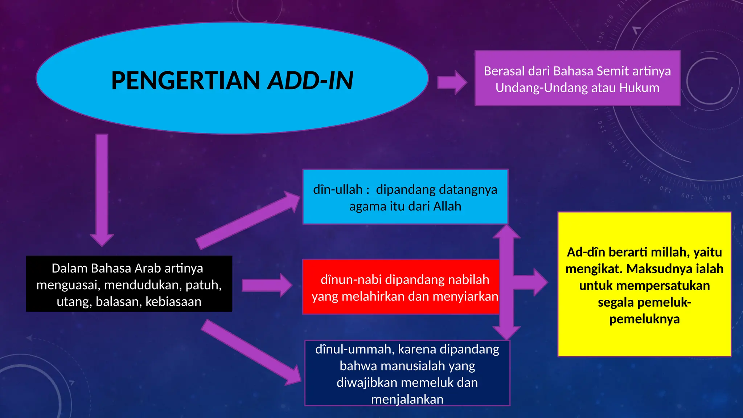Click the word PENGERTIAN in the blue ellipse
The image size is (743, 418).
pyautogui.click(x=185, y=81)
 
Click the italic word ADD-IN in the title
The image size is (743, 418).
pyautogui.click(x=310, y=81)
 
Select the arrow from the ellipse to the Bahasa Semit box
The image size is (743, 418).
pyautogui.click(x=452, y=82)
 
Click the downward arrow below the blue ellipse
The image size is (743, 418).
pyautogui.click(x=102, y=189)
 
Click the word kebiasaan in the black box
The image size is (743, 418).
pyautogui.click(x=173, y=302)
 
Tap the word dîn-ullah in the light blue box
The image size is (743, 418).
pyautogui.click(x=338, y=190)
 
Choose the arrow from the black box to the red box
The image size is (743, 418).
pyautogui.click(x=267, y=285)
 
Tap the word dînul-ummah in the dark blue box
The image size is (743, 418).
pyautogui.click(x=355, y=349)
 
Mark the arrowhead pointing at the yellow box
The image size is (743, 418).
pyautogui.click(x=540, y=282)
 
